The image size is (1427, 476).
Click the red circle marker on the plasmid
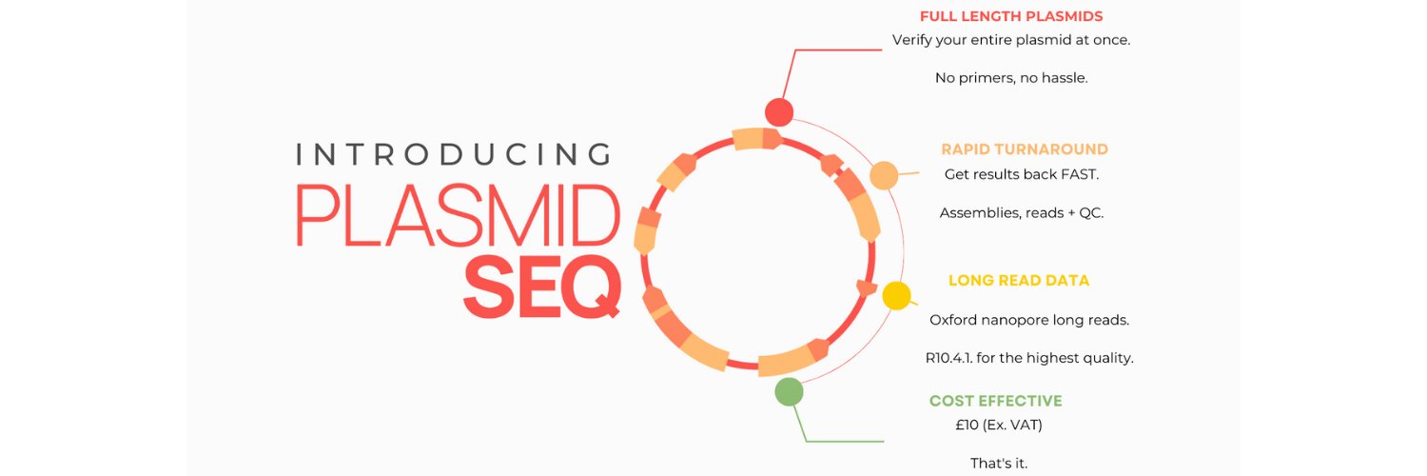tap(779, 112)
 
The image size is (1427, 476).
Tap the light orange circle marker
tap(884, 175)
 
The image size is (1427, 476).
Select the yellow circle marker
tap(896, 296)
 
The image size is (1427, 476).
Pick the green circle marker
tap(789, 392)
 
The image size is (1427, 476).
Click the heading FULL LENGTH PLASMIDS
tap(1011, 16)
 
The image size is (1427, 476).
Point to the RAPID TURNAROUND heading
tap(1025, 149)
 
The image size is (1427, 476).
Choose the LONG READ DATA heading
tap(1019, 281)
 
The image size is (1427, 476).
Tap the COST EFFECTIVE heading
tap(996, 401)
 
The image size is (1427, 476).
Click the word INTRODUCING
tap(454, 155)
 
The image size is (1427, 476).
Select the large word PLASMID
tap(458, 215)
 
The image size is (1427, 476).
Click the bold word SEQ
tap(542, 287)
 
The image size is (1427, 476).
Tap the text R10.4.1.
tap(948, 358)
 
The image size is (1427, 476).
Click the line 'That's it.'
tap(999, 464)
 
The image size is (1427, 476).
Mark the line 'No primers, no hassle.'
tap(1011, 78)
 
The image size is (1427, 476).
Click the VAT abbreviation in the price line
tap(1025, 425)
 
